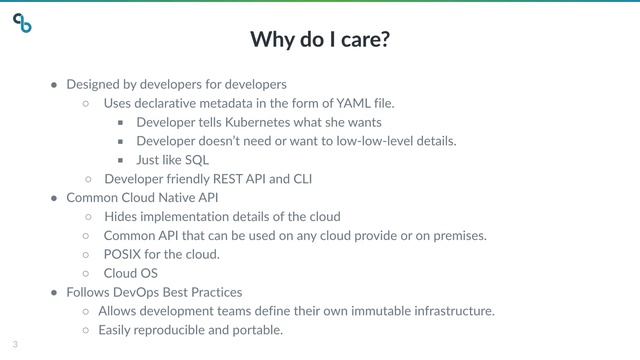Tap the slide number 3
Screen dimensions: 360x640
tap(15, 344)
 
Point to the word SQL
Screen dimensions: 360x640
tap(196, 160)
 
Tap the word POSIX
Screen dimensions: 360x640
tap(122, 254)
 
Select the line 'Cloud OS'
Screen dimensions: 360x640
tap(130, 273)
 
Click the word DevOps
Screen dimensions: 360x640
tap(137, 292)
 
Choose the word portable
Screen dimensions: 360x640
tap(259, 330)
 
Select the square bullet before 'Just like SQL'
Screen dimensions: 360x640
tap(120, 160)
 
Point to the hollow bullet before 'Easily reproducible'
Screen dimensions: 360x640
tap(87, 330)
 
